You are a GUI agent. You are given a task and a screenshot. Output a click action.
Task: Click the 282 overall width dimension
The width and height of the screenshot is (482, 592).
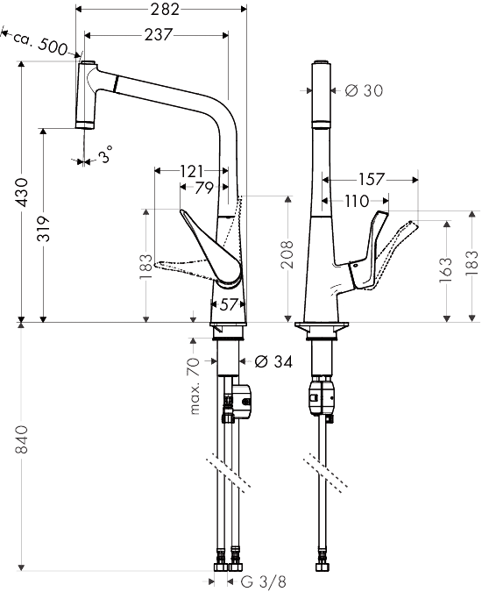click(x=165, y=9)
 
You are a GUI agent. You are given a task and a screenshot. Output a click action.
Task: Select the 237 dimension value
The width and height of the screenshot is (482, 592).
click(x=159, y=35)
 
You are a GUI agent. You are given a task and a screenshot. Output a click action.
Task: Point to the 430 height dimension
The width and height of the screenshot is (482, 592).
click(x=24, y=193)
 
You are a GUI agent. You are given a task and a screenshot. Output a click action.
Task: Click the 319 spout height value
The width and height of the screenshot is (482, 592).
click(x=44, y=229)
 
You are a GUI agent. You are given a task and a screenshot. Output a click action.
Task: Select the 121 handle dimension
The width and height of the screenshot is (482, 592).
click(x=191, y=171)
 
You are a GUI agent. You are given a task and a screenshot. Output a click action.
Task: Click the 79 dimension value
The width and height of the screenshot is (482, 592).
click(x=204, y=188)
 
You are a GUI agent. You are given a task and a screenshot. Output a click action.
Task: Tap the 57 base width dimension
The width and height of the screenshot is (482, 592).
click(x=228, y=304)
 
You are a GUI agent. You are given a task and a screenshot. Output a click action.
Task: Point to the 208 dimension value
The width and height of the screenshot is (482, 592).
click(x=288, y=254)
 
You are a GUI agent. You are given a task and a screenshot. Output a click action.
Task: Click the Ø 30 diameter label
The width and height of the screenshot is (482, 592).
click(x=364, y=90)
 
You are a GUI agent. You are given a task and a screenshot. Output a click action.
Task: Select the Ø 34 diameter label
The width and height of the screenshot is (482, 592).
click(x=273, y=361)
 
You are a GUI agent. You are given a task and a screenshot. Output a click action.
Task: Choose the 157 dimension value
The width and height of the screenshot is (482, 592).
click(x=372, y=179)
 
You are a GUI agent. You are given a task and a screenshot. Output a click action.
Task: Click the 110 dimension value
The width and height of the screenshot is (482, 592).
click(x=357, y=201)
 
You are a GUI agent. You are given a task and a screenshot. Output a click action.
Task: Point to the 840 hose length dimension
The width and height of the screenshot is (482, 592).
click(x=22, y=439)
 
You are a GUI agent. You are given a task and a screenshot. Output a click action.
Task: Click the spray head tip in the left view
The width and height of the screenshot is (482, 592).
click(x=84, y=125)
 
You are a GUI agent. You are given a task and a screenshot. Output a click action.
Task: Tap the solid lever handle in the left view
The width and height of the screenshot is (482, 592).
click(x=211, y=249)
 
